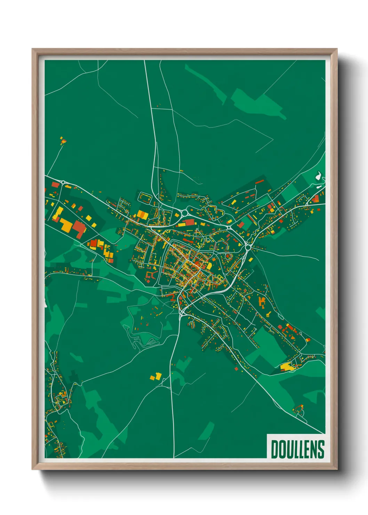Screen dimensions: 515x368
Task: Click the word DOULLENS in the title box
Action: [x=297, y=449]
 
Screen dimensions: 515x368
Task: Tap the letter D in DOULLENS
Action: [x=274, y=449]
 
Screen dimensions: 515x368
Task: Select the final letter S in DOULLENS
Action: [x=321, y=449]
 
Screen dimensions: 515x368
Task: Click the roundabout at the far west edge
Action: [x=63, y=182]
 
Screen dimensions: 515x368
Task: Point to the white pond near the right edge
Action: [x=318, y=176]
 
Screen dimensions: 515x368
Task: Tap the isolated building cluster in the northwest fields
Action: [x=63, y=141]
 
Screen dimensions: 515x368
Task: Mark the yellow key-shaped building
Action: [x=269, y=314]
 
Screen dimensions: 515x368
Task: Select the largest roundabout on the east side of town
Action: [x=248, y=247]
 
